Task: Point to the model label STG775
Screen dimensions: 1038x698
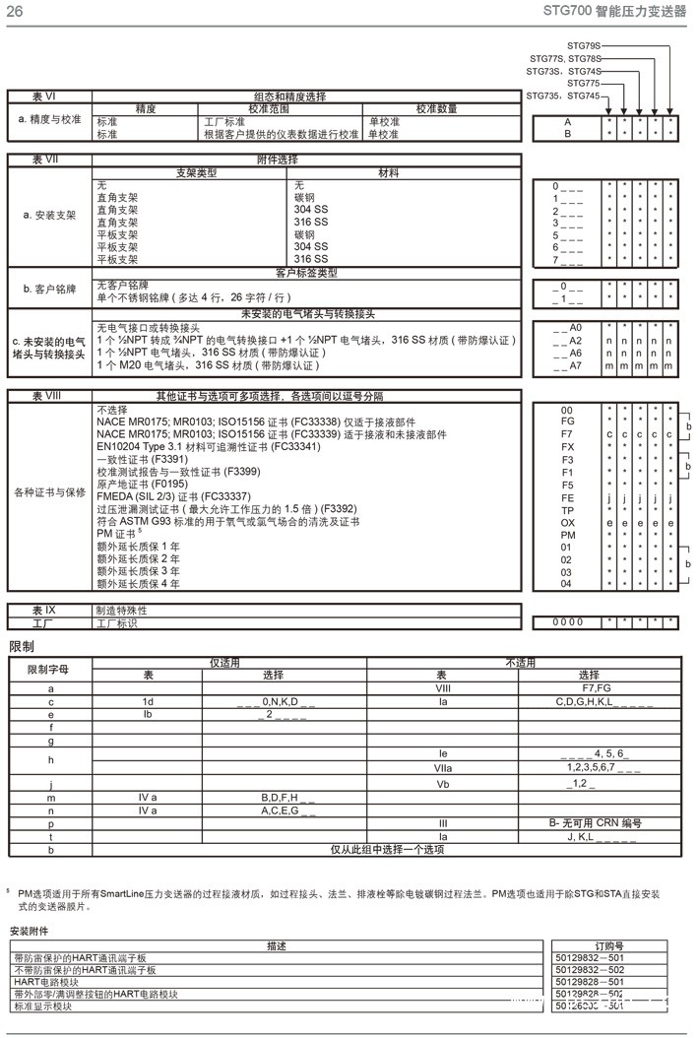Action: (583, 83)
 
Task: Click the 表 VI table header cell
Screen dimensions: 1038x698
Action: (49, 97)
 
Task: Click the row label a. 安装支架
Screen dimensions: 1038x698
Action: (50, 215)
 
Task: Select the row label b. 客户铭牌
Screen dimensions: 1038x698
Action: (49, 290)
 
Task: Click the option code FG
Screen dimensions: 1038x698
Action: (566, 421)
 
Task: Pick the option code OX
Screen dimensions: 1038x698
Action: (566, 523)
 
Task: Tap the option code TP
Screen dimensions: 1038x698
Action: (566, 510)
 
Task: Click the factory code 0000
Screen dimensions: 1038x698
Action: (566, 622)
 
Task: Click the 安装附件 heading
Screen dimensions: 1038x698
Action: (29, 931)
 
